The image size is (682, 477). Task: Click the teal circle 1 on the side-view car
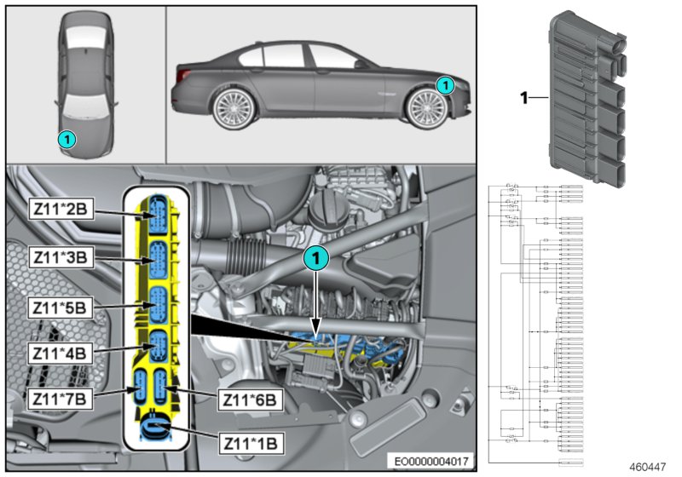[443, 84]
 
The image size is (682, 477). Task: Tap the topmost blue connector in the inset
[159, 210]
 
